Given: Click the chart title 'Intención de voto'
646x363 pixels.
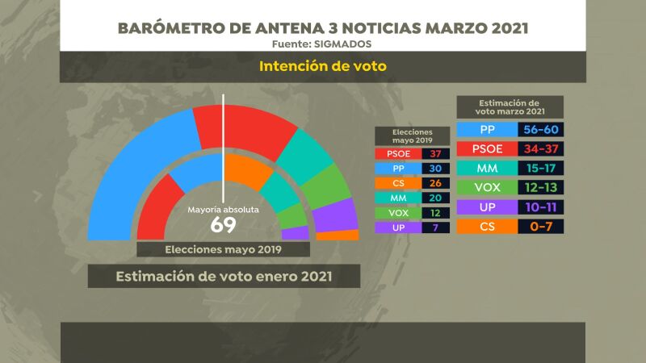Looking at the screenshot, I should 323,65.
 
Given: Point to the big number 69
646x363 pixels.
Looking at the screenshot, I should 223,224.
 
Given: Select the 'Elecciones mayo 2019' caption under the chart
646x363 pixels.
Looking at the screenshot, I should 223,249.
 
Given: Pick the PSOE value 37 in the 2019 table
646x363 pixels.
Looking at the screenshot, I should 435,153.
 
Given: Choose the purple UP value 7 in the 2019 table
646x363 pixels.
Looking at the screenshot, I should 435,228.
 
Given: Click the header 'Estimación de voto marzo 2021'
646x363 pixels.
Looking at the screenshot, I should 510,108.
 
